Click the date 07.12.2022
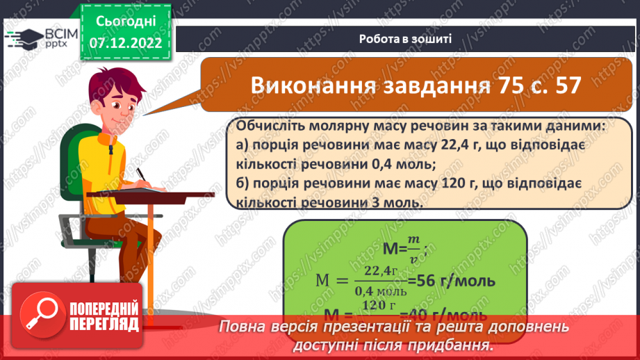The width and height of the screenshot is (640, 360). click(125, 43)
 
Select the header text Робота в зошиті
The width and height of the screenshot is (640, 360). click(406, 39)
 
